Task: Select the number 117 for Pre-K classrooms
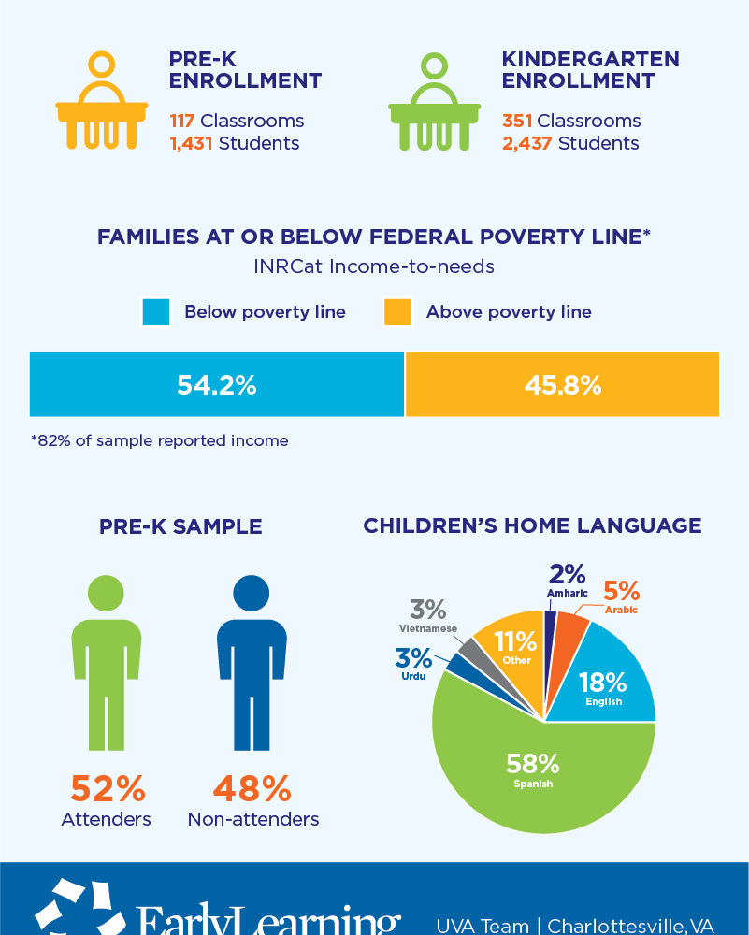182,121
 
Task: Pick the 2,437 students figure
527,143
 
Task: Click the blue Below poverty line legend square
156,312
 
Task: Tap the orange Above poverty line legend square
397,312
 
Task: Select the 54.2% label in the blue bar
217,384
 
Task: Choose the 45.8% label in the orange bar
562,384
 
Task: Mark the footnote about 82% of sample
159,440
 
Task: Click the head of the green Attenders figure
106,592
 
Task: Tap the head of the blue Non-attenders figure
252,592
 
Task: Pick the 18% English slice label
603,683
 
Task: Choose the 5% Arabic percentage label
621,591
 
